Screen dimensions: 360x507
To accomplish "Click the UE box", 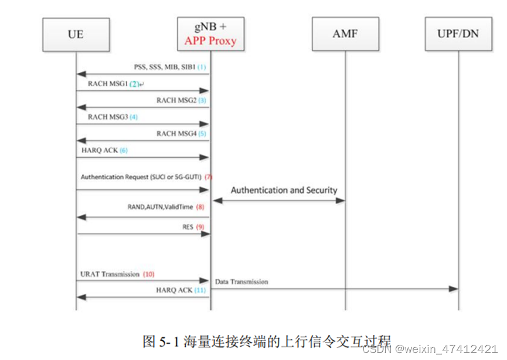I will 76,35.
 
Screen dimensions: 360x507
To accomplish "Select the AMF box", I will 345,35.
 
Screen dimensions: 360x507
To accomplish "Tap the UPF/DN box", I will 458,34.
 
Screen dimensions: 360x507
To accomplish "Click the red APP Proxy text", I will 210,41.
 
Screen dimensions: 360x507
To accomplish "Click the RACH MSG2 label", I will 176,100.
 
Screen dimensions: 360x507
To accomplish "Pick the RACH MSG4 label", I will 176,134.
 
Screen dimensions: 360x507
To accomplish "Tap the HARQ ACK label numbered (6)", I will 97,150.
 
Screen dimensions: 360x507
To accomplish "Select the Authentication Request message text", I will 141,176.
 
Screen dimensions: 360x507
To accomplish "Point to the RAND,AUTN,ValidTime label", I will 161,206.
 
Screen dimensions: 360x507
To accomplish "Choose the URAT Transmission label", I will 110,274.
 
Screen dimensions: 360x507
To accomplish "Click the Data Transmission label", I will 241,282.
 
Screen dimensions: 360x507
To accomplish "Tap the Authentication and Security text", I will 284,190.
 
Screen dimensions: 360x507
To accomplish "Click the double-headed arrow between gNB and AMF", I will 278,201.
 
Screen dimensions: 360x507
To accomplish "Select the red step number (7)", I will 209,176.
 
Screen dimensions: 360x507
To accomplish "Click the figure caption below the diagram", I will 267,340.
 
